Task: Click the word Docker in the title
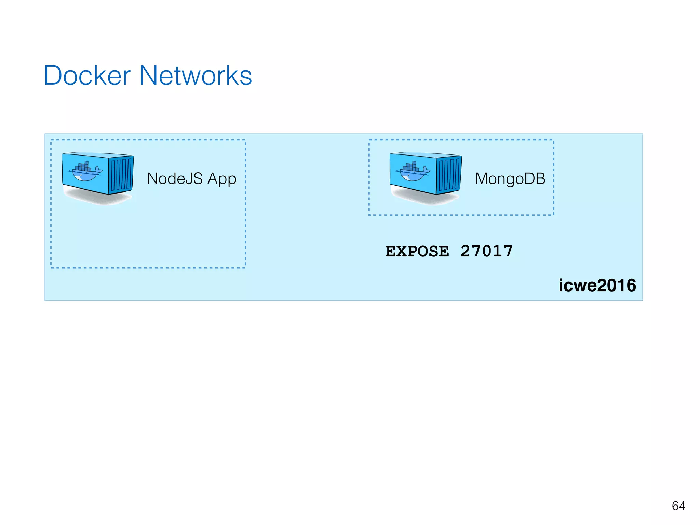(x=87, y=76)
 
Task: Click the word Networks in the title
(x=196, y=76)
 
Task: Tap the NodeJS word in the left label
(x=175, y=178)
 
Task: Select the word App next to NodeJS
(x=222, y=179)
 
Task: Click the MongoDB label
(x=510, y=178)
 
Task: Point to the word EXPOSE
(x=417, y=251)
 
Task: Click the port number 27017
(x=486, y=251)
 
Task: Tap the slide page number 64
(x=678, y=506)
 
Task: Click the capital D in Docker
(x=53, y=76)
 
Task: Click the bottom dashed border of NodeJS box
(x=148, y=268)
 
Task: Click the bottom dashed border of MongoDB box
(x=461, y=215)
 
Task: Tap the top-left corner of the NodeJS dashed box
(x=51, y=140)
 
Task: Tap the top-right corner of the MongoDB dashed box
(x=553, y=140)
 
